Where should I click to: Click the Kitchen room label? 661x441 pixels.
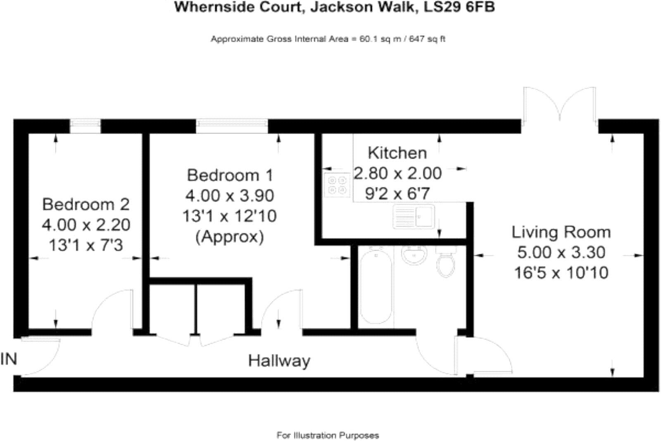pos(397,153)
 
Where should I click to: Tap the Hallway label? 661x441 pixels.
pos(279,361)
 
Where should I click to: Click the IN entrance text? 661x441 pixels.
pos(9,359)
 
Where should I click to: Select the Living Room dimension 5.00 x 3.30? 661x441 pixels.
pos(561,252)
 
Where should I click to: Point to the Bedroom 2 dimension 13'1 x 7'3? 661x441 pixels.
pos(86,246)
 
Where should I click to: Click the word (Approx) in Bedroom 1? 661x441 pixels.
pos(230,237)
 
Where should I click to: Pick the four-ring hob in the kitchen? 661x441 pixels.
pos(337,185)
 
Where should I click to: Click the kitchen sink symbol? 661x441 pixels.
pos(414,216)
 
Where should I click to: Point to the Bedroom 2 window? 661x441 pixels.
pos(85,126)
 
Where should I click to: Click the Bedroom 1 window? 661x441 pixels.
pos(232,126)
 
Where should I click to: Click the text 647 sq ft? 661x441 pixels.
pos(427,39)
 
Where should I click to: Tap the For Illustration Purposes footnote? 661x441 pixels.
pos(328,435)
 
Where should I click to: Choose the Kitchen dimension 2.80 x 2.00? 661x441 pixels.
pos(397,173)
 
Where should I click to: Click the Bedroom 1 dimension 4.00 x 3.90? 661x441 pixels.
pos(230,195)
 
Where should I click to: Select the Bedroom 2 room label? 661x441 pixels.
pos(86,204)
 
